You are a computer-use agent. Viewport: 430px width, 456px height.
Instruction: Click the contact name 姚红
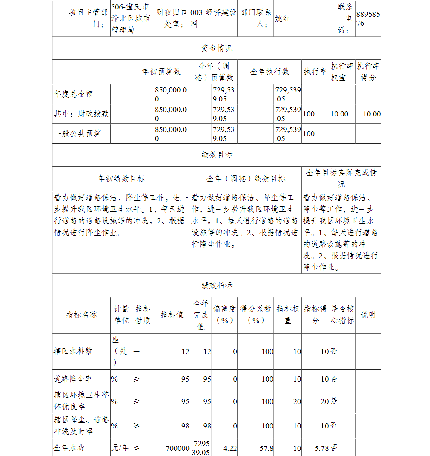[283, 19]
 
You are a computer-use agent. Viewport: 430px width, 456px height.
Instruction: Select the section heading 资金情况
[217, 48]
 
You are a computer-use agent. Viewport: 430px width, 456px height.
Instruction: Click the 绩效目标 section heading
[217, 155]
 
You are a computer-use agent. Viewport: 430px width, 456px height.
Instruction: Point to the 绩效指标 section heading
[217, 286]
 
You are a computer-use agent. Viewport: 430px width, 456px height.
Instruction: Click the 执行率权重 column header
[342, 72]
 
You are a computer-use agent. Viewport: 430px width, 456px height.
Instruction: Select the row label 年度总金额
[74, 94]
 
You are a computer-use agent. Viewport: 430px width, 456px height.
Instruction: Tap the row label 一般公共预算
[77, 134]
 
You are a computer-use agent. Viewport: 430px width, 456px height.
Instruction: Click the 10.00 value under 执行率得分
[372, 114]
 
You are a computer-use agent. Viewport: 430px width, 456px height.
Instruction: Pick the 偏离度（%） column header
[224, 315]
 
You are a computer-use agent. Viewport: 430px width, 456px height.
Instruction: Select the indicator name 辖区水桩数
[73, 351]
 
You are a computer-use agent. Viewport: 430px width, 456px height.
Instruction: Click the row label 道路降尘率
[73, 379]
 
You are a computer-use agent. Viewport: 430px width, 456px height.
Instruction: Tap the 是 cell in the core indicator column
[334, 401]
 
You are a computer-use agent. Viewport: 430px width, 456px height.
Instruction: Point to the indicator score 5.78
[322, 448]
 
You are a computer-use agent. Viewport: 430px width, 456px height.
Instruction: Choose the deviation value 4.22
[230, 448]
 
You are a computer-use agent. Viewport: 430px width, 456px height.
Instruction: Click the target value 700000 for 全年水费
[178, 448]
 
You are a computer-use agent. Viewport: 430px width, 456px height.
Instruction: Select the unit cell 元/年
[120, 448]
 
